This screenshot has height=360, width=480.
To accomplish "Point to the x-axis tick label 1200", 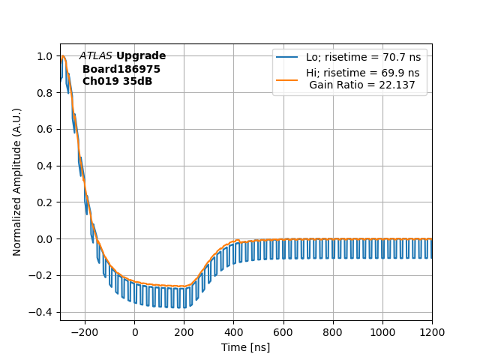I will pyautogui.click(x=432, y=332).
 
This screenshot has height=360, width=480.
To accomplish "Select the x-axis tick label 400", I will pyautogui.click(x=233, y=332).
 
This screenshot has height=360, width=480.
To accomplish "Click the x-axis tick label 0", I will pyautogui.click(x=134, y=332).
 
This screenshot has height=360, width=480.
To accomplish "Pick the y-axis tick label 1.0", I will pyautogui.click(x=45, y=56).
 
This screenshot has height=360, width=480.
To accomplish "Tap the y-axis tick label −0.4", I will pyautogui.click(x=42, y=312).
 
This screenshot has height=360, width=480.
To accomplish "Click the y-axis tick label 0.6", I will pyautogui.click(x=45, y=129).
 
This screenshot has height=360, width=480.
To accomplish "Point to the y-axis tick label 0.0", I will pyautogui.click(x=45, y=239).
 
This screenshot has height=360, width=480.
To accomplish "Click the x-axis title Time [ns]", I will pyautogui.click(x=245, y=347).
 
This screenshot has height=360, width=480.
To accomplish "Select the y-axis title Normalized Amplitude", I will pyautogui.click(x=17, y=181).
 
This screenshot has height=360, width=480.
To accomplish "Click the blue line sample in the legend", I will pyautogui.click(x=287, y=57).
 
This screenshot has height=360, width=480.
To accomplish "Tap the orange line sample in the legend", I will pyautogui.click(x=287, y=73).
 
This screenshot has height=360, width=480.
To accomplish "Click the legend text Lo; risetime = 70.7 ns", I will pyautogui.click(x=362, y=57).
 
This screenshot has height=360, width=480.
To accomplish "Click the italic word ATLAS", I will pyautogui.click(x=95, y=56).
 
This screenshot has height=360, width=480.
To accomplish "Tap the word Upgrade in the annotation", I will pyautogui.click(x=141, y=56).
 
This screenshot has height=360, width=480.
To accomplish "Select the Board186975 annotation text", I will pyautogui.click(x=121, y=69).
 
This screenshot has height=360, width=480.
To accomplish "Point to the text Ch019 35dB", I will pyautogui.click(x=117, y=81).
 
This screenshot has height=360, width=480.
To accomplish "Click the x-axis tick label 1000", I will pyautogui.click(x=382, y=332).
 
